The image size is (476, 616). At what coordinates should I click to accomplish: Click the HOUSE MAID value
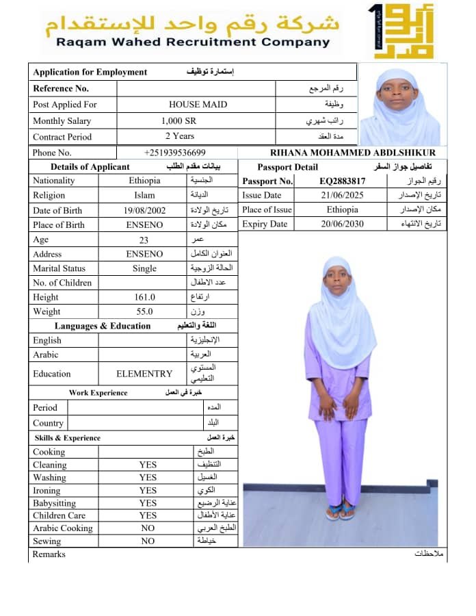198,105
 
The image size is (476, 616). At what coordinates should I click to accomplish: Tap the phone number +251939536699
175,153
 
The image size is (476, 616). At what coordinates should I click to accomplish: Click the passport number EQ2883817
343,181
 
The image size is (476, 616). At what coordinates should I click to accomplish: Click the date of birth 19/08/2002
144,210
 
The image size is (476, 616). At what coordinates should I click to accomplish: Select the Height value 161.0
144,297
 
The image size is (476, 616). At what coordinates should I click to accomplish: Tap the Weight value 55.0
144,311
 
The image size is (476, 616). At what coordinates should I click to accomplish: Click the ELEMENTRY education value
144,374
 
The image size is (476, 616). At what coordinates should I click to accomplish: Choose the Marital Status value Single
144,268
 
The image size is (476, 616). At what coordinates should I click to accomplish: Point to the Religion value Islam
144,195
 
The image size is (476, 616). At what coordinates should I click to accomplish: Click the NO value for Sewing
148,541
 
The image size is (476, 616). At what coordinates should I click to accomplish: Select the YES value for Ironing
148,490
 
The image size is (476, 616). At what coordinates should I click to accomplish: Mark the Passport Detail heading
287,167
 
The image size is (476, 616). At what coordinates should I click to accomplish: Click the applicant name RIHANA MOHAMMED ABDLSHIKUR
353,153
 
